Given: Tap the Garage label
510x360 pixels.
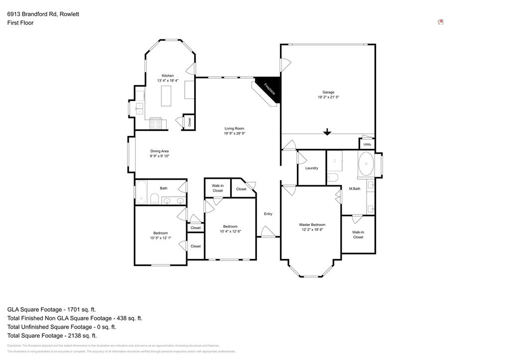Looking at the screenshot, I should [x=328, y=92].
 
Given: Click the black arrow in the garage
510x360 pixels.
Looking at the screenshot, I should [x=327, y=132].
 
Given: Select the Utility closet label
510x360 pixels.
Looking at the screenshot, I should [x=367, y=144].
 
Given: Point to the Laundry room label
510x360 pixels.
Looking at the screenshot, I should [x=312, y=168].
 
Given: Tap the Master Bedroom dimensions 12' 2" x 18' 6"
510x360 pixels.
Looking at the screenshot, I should [x=312, y=230].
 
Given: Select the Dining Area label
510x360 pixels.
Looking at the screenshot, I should [x=159, y=151].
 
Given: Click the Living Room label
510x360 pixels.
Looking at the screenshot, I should [x=234, y=128].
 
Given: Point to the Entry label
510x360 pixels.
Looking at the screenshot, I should [x=268, y=214].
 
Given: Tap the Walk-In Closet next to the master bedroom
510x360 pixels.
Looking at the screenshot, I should [x=358, y=235].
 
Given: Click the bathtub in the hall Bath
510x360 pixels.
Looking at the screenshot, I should [x=141, y=193].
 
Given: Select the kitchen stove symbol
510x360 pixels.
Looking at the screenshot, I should [x=156, y=122].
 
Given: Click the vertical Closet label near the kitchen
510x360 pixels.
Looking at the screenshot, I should [x=189, y=121].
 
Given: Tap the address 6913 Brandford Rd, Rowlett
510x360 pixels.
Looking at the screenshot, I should [x=43, y=14].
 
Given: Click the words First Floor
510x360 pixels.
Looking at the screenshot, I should [x=20, y=23].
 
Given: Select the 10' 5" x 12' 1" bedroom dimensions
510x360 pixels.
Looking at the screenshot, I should [x=160, y=238].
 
